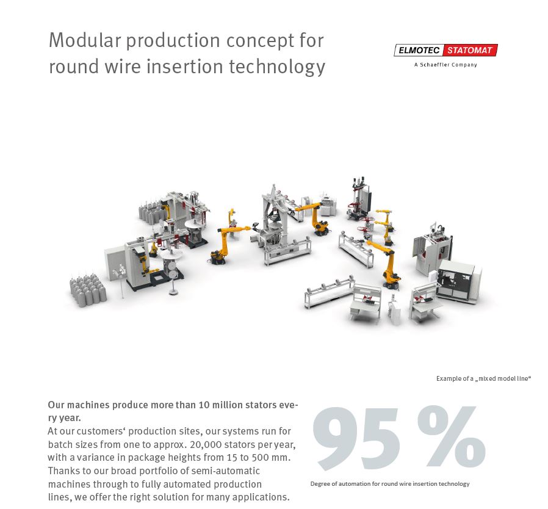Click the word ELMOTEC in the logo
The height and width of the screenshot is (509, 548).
click(x=419, y=50)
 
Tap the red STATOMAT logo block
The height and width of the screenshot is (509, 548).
click(x=470, y=50)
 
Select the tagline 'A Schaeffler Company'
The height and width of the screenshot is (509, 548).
click(x=445, y=65)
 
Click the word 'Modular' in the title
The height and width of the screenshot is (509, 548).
click(x=84, y=40)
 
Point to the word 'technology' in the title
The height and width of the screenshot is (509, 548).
click(x=277, y=67)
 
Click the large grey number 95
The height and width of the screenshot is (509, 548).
click(x=356, y=438)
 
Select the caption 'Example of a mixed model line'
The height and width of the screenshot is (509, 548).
click(x=484, y=378)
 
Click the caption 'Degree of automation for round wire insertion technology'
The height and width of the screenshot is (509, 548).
click(x=390, y=484)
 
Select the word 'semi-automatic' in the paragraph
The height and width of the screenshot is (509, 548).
click(x=226, y=471)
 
